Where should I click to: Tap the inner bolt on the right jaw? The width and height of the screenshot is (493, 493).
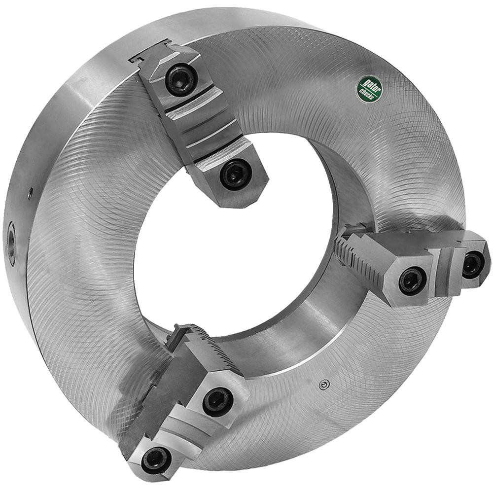coord(412,281)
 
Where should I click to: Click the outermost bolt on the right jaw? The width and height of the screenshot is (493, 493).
coord(472,265)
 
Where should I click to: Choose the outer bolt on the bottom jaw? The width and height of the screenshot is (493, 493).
coord(156,460)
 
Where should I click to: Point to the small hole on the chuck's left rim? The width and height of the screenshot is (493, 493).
coord(30,194)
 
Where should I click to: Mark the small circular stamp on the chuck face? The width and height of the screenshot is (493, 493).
coord(323,386)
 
